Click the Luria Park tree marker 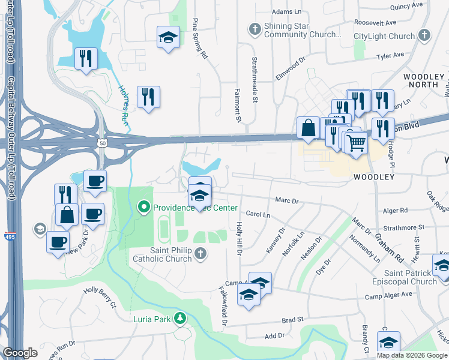(178, 317)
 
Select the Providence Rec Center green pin (143, 208)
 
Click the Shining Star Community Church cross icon (255, 28)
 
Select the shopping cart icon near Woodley (355, 142)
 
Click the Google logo (20, 352)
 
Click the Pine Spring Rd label (199, 38)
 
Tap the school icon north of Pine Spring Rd (168, 37)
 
